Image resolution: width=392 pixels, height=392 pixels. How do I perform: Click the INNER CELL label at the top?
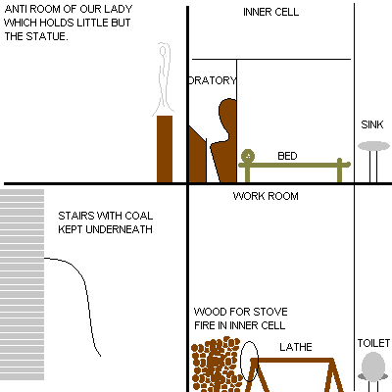270,12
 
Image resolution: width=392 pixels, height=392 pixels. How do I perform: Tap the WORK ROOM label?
266,196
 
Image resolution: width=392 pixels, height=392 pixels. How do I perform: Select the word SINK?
372,124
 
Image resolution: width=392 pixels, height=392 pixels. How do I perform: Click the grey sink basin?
373,146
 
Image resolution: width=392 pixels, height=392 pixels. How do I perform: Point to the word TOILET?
373,343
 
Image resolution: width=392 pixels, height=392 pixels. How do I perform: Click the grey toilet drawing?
372,367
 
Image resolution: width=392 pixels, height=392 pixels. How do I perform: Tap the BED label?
287,156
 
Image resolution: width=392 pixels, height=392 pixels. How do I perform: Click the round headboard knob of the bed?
248,156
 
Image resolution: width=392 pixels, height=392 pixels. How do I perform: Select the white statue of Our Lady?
164,79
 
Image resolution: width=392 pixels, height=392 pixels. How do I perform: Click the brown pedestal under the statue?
165,149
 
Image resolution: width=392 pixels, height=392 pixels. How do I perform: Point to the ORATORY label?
213,80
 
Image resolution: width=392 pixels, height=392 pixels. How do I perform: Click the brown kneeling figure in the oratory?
224,140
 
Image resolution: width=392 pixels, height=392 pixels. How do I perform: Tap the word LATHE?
296,347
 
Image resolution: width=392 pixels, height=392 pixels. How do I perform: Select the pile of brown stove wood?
216,365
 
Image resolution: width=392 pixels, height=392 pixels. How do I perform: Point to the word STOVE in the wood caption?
270,312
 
